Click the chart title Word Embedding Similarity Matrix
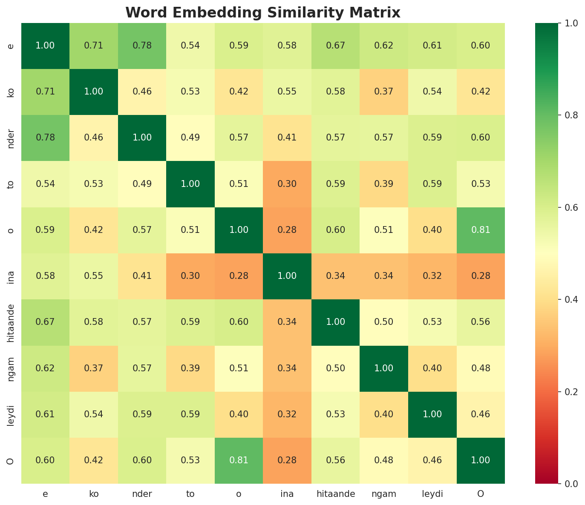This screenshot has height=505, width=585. [263, 13]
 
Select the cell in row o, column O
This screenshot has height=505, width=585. [481, 230]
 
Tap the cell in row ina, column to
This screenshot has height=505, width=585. [190, 276]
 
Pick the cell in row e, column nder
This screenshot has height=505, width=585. [142, 46]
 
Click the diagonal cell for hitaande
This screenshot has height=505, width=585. [335, 322]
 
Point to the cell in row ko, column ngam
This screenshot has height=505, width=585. [384, 92]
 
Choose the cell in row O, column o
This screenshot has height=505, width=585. [239, 460]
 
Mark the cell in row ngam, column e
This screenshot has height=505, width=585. [45, 368]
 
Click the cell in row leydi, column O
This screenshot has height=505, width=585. [481, 414]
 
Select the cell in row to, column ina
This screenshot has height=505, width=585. [287, 184]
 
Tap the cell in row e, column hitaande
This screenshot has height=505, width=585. [335, 46]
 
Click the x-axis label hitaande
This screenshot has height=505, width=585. [335, 494]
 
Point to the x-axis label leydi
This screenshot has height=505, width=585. [432, 494]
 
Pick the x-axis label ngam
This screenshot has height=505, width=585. [384, 494]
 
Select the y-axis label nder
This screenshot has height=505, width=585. [12, 138]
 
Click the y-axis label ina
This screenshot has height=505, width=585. [12, 276]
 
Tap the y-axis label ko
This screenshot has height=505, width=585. [12, 92]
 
